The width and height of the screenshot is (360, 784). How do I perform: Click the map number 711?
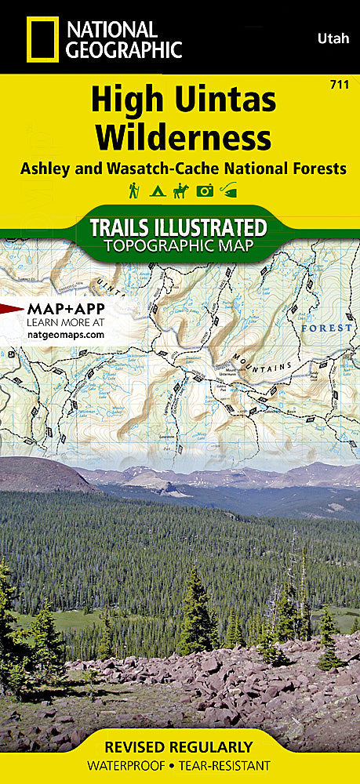click(341, 83)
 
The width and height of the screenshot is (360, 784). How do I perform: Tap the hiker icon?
click(134, 190)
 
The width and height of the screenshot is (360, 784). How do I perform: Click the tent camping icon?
click(156, 190)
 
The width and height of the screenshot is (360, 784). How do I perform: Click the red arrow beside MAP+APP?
click(12, 309)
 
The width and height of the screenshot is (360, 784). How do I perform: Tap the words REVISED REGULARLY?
click(180, 746)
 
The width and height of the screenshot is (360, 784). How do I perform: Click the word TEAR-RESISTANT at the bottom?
click(224, 765)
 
